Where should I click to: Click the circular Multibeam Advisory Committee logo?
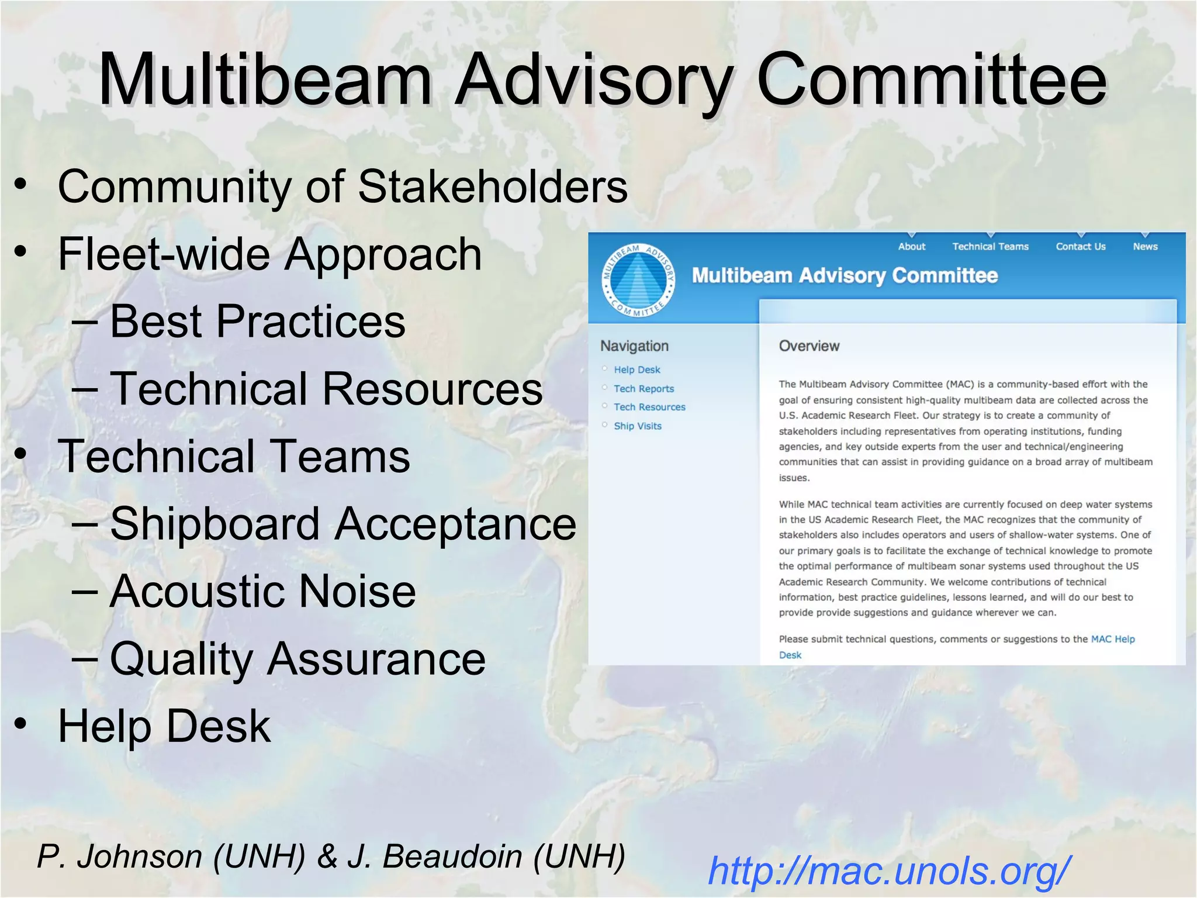click(638, 281)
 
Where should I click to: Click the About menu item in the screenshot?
click(911, 247)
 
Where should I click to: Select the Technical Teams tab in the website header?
click(990, 247)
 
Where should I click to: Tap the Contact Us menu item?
click(1080, 247)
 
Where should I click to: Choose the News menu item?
click(1145, 247)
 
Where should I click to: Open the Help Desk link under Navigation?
click(636, 370)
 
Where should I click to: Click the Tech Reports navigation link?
click(644, 389)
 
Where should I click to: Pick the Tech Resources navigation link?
click(649, 407)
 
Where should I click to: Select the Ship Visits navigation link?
click(638, 426)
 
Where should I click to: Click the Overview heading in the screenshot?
click(809, 346)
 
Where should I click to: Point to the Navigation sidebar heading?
click(634, 346)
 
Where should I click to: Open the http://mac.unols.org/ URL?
click(889, 871)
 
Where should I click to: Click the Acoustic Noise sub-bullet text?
click(263, 591)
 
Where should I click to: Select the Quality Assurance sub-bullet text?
click(297, 659)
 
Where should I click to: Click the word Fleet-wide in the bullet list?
click(164, 254)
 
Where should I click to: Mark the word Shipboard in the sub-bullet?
click(215, 524)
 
